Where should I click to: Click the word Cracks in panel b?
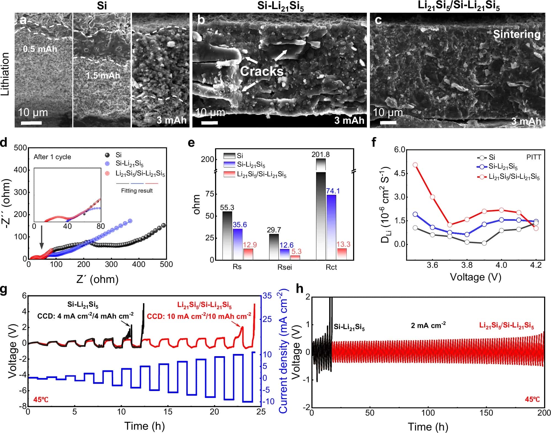(262, 71)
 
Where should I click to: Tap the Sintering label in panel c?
(516, 34)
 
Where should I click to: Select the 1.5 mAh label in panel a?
(103, 75)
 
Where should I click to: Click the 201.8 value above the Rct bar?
(320, 154)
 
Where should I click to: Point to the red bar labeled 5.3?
(295, 258)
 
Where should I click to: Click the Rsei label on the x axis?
(284, 267)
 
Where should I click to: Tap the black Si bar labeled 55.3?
(227, 235)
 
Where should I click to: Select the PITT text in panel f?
(533, 157)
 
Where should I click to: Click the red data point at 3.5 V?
(415, 165)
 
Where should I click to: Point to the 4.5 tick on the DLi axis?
(399, 173)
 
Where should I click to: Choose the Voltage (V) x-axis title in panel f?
(475, 277)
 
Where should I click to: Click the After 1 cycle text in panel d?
(52, 157)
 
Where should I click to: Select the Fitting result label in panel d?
(137, 191)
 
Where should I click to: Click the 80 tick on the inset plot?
(100, 226)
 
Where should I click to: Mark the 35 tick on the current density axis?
(267, 296)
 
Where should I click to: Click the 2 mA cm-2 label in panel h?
(428, 325)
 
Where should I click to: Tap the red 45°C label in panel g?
(41, 400)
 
